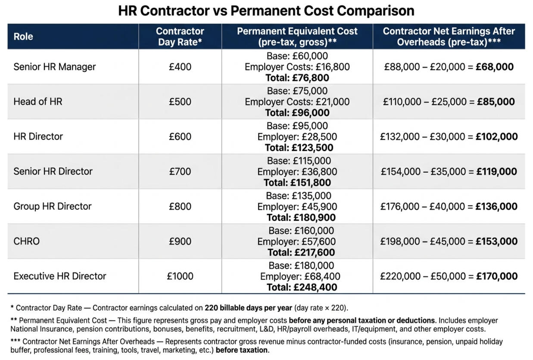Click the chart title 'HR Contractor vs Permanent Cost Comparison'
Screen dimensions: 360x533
(266, 10)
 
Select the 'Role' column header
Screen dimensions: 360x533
(23, 37)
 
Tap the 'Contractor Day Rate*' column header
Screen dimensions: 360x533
(180, 37)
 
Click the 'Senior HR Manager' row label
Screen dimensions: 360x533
(54, 67)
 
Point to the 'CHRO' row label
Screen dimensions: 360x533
(26, 241)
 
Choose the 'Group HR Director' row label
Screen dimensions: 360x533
(52, 206)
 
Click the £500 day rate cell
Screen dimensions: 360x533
(180, 102)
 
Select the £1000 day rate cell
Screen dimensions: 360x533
(180, 276)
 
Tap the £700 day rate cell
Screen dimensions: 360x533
(180, 171)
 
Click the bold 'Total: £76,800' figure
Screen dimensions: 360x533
(297, 78)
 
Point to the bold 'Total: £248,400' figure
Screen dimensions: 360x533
(297, 287)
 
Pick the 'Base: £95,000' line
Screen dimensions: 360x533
(297, 126)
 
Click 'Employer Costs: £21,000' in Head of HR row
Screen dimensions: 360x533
(297, 102)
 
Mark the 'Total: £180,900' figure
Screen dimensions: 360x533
(297, 217)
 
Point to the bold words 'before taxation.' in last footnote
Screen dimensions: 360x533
(243, 350)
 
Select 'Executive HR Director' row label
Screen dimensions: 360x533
(59, 276)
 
